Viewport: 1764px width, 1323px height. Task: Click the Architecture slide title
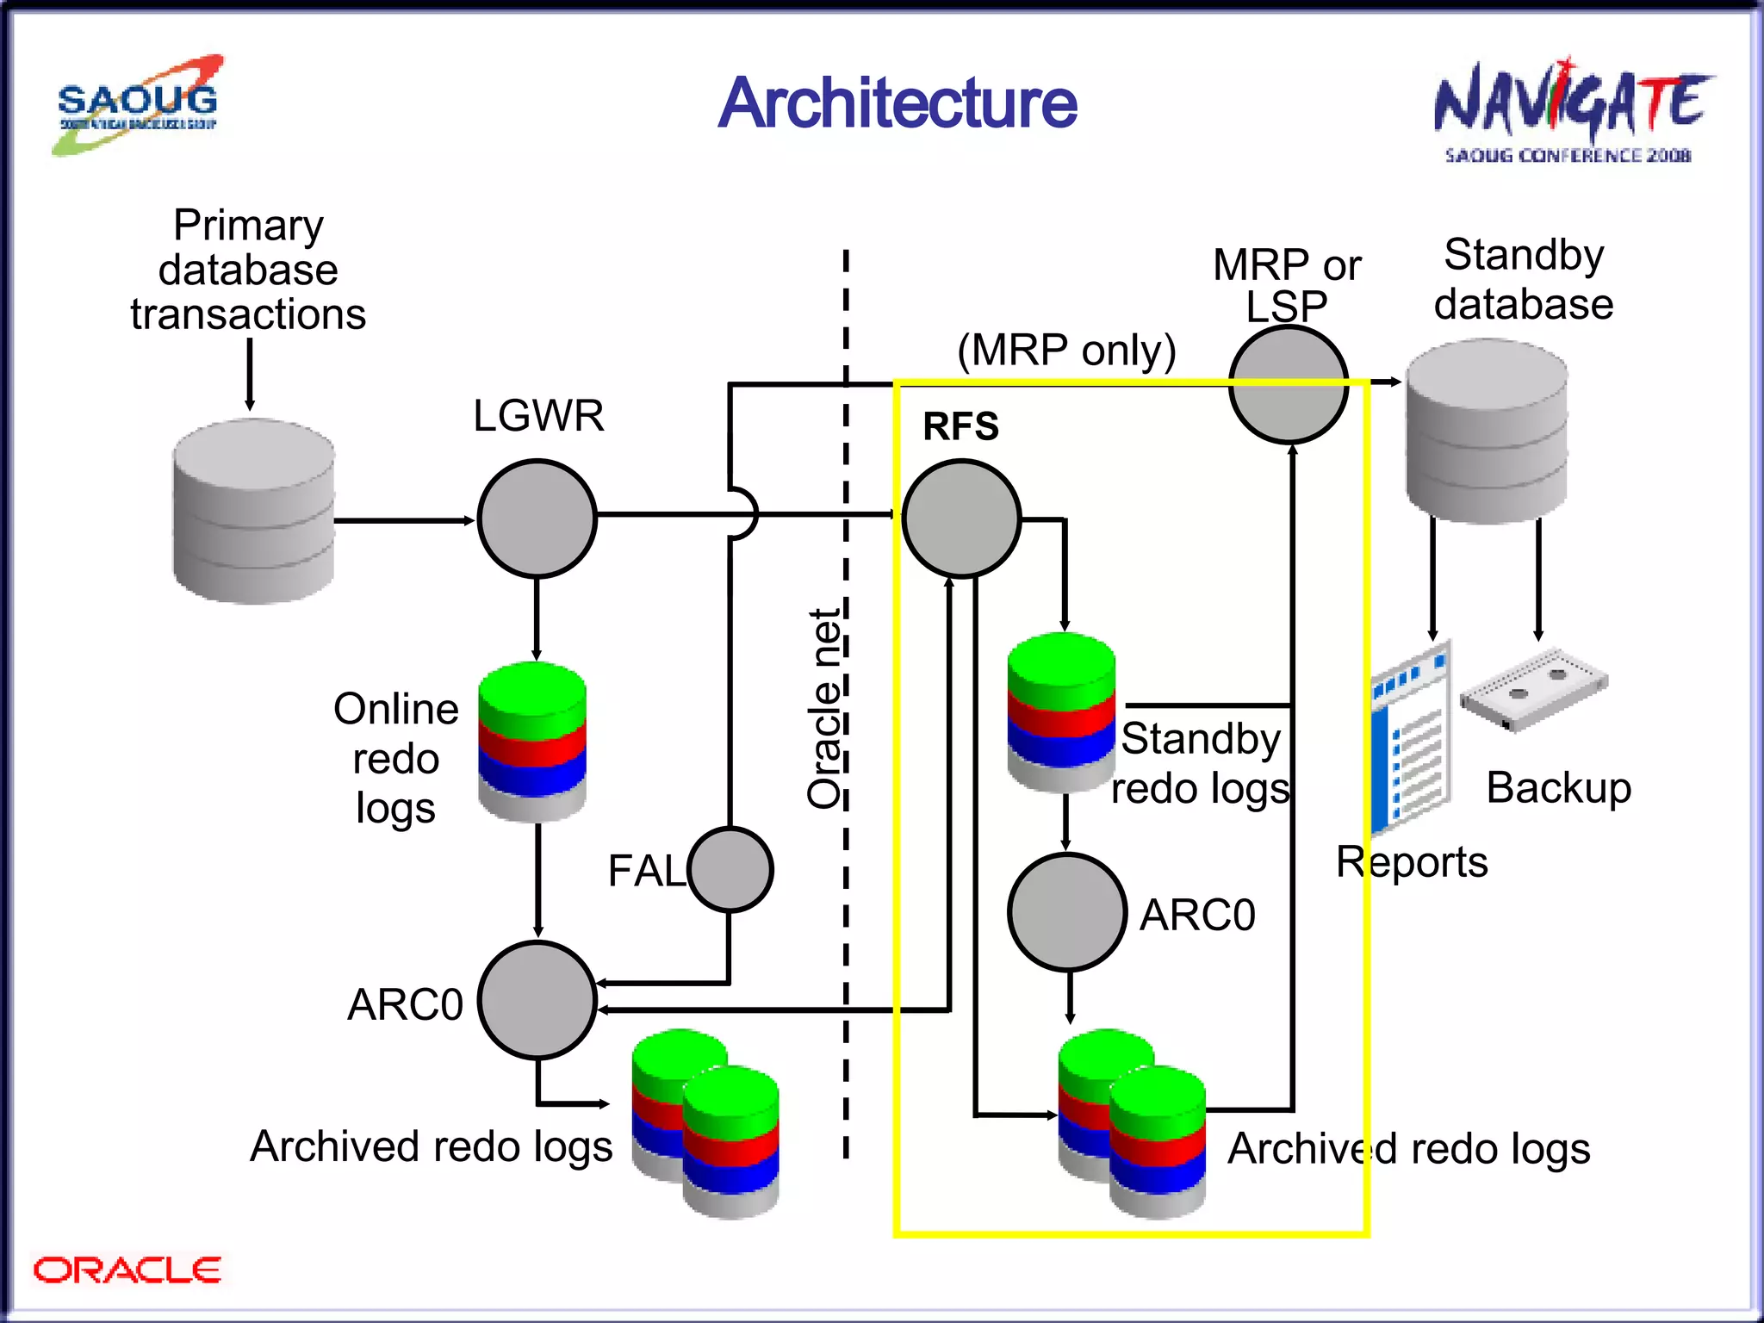tap(897, 103)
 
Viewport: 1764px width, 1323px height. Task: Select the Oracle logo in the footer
tap(127, 1270)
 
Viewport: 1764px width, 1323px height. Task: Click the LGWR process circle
tap(537, 519)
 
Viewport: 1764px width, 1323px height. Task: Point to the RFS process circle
tap(961, 519)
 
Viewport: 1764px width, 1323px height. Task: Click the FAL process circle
tap(730, 869)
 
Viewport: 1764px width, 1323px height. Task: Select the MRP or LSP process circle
tap(1288, 385)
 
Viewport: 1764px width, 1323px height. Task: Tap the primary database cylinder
tap(253, 512)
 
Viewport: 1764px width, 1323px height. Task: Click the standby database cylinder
tap(1487, 431)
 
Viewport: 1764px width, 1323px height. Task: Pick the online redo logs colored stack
tap(532, 741)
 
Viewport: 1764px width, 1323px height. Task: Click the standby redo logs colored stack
tap(1061, 711)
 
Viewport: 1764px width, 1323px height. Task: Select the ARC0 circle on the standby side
tap(1067, 912)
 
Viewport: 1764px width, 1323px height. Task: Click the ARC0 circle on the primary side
tap(537, 1000)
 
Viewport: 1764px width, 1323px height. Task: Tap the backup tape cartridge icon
tap(1534, 689)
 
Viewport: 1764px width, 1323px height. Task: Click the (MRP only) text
tap(1066, 350)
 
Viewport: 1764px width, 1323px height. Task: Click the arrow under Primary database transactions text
tap(250, 374)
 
